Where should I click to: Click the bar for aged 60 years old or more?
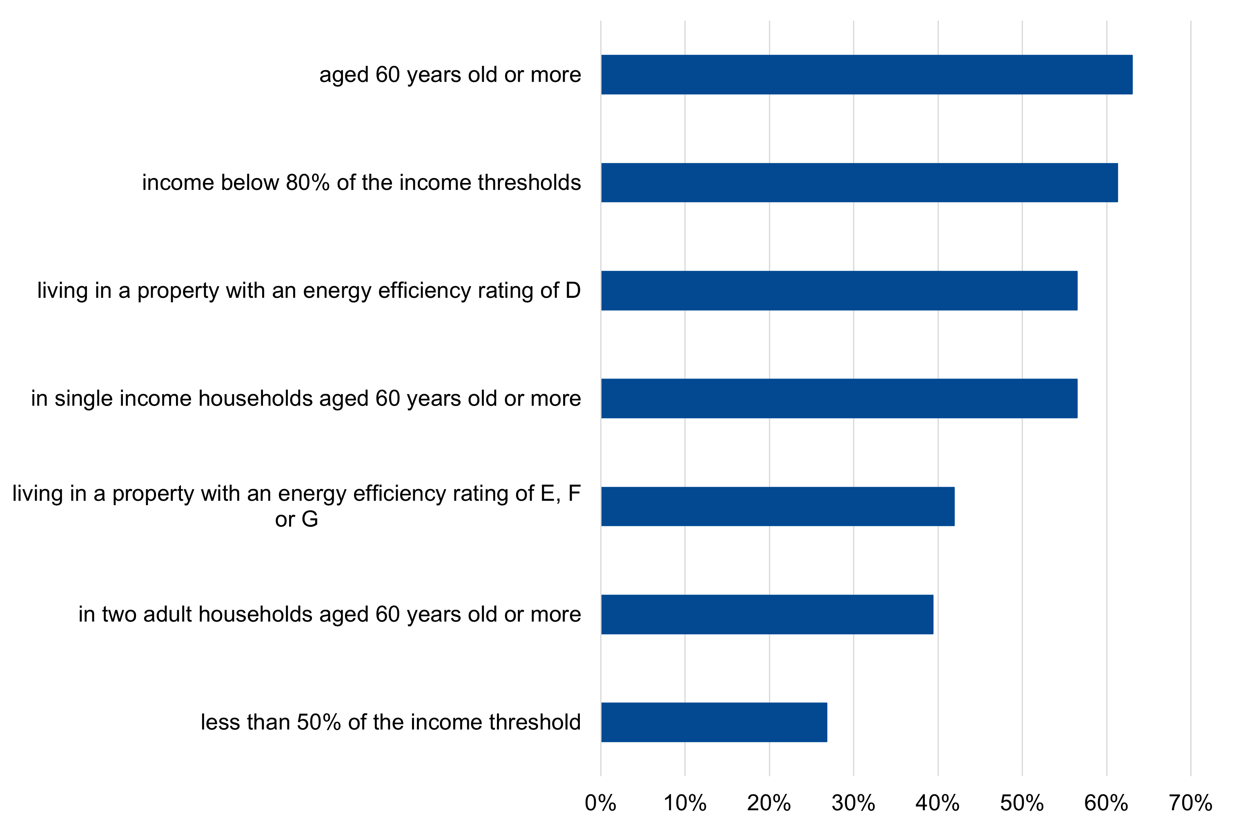(x=866, y=74)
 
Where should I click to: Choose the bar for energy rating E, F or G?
(x=777, y=506)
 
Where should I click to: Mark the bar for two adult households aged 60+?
(x=767, y=615)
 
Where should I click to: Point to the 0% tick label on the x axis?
(x=600, y=803)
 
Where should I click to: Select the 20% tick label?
(x=769, y=803)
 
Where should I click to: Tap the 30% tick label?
(x=853, y=803)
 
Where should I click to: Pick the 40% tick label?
(x=937, y=803)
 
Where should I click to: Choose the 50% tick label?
(x=1022, y=803)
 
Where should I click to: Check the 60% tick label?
(x=1106, y=803)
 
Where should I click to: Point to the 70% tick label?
(x=1190, y=803)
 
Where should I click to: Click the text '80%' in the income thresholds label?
(x=307, y=183)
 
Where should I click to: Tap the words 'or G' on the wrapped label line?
(x=296, y=519)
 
